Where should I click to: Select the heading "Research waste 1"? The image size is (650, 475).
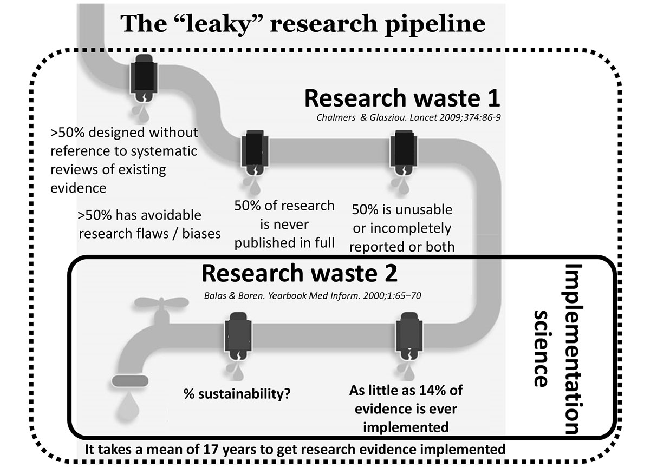pyautogui.click(x=401, y=99)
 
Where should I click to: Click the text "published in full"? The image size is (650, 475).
pyautogui.click(x=283, y=242)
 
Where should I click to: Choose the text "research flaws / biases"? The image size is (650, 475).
pyautogui.click(x=149, y=233)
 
